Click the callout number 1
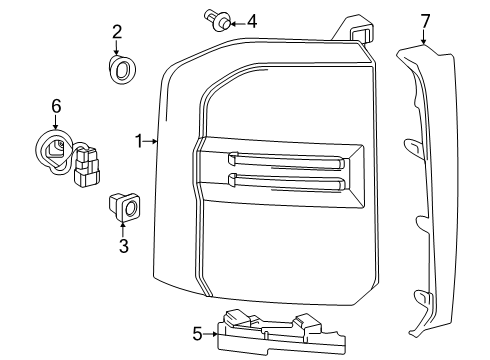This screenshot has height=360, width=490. click(x=138, y=142)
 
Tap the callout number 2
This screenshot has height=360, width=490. click(x=117, y=32)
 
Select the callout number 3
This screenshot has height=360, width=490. click(x=124, y=245)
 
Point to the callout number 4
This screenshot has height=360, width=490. click(x=252, y=20)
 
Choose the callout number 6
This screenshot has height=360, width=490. click(x=56, y=106)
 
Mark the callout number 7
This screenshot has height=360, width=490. click(x=425, y=20)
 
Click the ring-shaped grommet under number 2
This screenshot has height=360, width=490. click(x=120, y=70)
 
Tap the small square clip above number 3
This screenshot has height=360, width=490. click(x=124, y=206)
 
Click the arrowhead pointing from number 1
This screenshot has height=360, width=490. click(x=155, y=142)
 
